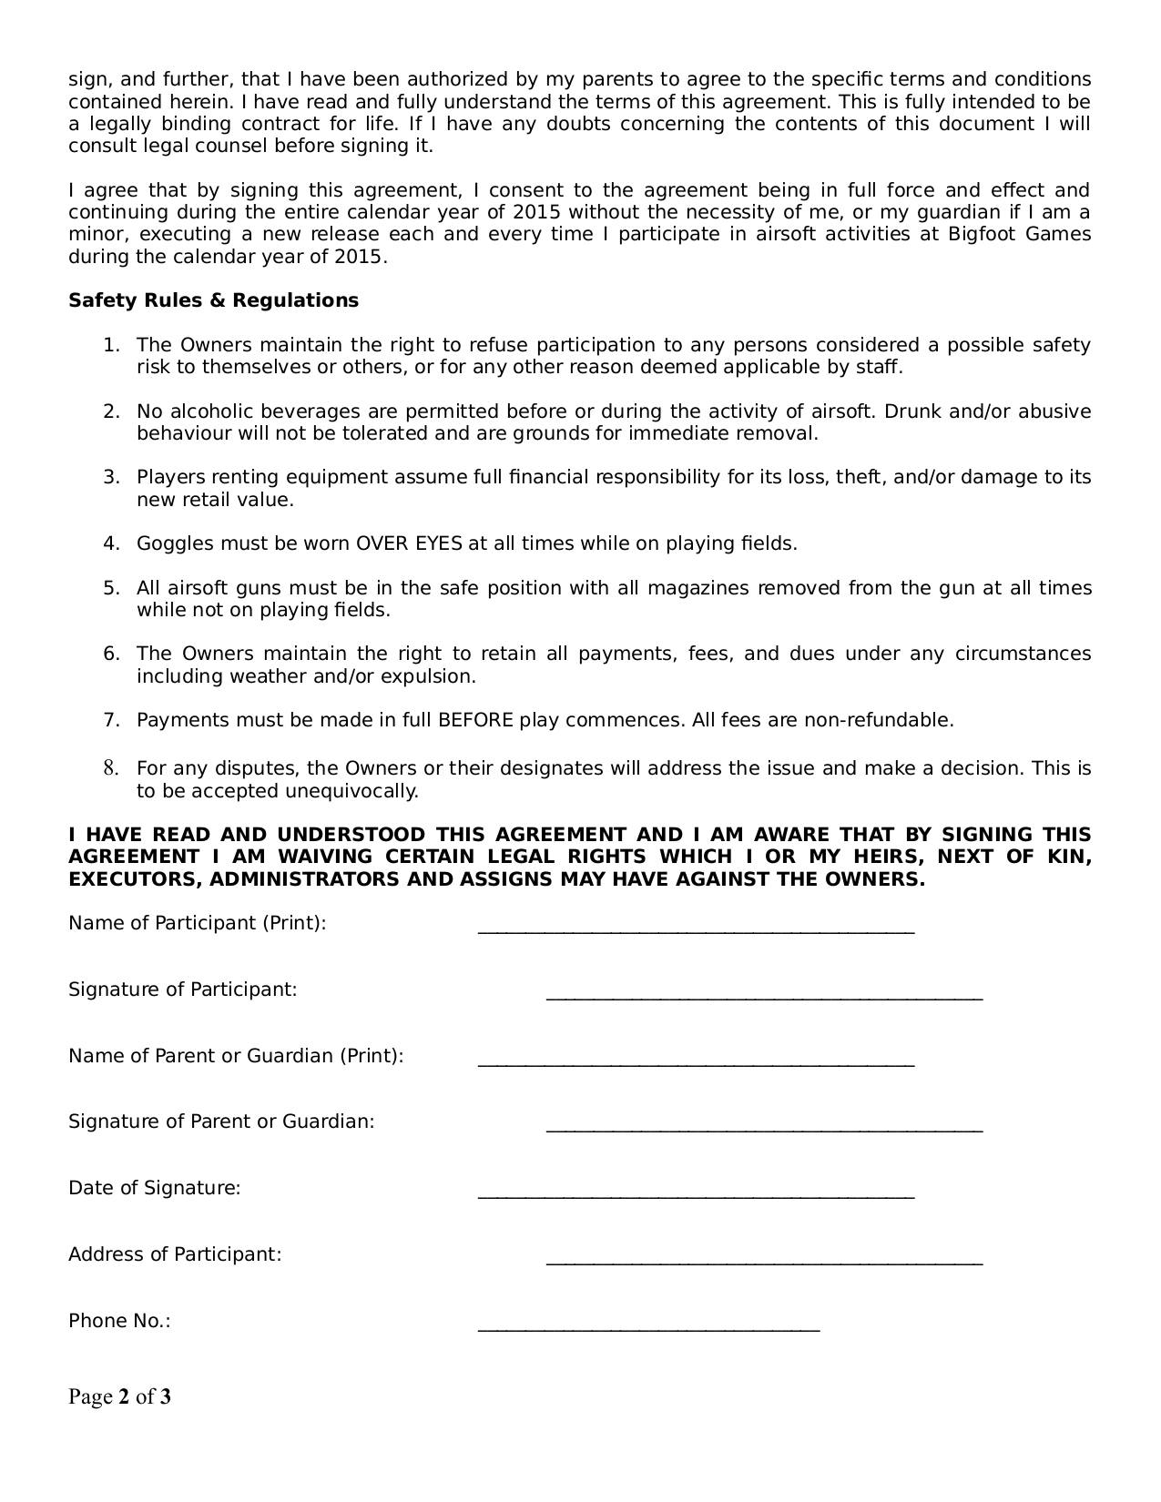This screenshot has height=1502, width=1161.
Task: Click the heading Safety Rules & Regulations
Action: pos(213,300)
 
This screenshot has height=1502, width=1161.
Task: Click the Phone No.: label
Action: pos(119,1321)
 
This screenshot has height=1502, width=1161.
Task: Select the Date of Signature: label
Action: pos(154,1188)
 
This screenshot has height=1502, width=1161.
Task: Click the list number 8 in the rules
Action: pos(111,768)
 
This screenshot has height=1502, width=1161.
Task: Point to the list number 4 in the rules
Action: pos(111,544)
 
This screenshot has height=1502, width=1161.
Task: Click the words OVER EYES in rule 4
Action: pos(409,544)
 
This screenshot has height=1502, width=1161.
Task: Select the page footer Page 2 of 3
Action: pos(119,1396)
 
